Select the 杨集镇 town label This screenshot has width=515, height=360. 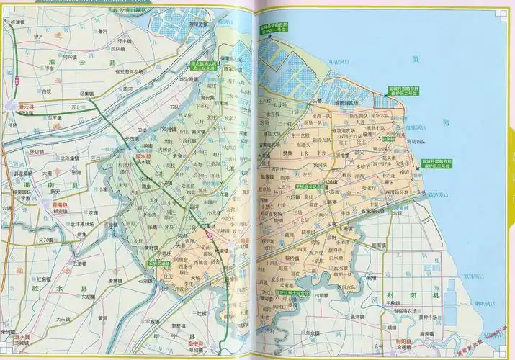(x=87, y=94)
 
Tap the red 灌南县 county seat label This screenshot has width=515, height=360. (x=60, y=204)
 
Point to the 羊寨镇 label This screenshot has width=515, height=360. (x=153, y=322)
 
